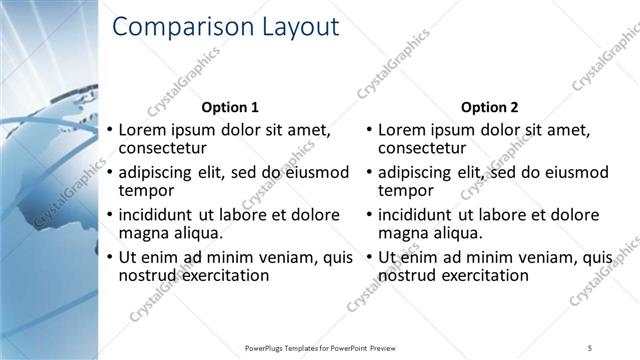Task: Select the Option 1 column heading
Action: (x=230, y=107)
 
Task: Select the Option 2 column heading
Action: (x=490, y=107)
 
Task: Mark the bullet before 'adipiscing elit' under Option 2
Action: (x=370, y=172)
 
